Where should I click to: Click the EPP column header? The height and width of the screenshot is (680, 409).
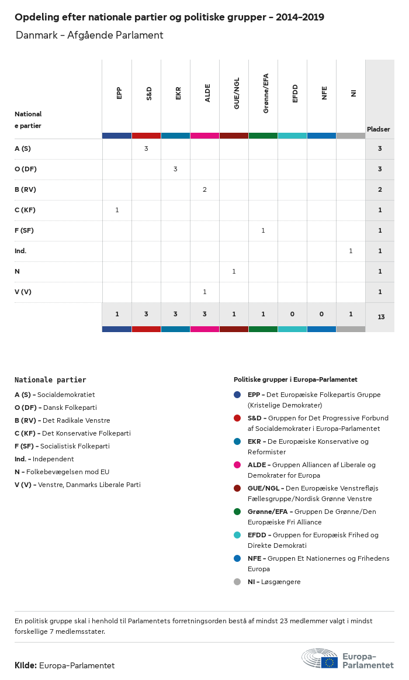pos(119,94)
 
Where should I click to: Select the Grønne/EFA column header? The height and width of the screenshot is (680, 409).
pos(266,93)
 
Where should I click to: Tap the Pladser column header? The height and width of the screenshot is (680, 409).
pos(379,129)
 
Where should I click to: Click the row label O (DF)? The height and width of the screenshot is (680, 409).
pos(26,169)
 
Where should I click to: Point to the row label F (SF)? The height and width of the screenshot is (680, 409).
pos(24,230)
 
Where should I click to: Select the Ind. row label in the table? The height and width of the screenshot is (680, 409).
pos(20,251)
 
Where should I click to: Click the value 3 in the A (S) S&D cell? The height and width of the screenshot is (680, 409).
pos(146,149)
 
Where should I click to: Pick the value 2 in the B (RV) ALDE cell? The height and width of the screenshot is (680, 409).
pos(204,189)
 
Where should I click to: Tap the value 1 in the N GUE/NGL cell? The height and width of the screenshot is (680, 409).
pos(234,271)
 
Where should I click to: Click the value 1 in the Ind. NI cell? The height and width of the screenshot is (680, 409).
pos(351,251)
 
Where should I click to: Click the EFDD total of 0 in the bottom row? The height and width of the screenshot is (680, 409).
pos(292,314)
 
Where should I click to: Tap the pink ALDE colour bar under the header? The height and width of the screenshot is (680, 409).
pos(204,136)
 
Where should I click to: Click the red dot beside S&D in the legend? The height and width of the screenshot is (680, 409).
pos(237,418)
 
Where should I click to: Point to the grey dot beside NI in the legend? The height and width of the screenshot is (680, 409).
pos(237,582)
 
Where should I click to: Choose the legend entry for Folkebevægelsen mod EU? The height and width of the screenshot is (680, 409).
pos(62,472)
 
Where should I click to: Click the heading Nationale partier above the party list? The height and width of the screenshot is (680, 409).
pos(50,380)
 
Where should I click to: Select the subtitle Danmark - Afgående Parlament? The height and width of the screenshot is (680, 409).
pos(89,36)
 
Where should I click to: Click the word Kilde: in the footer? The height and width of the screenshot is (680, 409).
pos(26,665)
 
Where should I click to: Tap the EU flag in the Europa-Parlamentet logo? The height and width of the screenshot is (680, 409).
pos(329,662)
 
